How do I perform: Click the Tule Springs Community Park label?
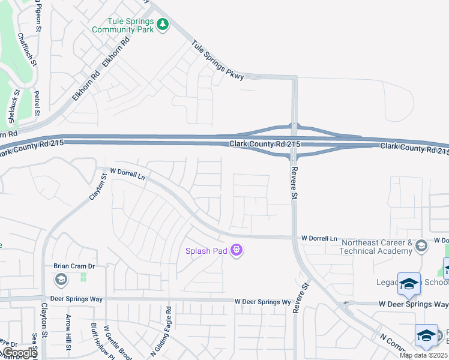point(122,24)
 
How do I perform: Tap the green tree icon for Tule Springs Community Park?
point(163,24)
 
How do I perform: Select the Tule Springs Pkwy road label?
point(218,60)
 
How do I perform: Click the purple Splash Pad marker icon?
point(237,250)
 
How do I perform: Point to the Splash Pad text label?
point(205,251)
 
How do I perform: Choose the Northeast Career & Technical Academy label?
point(376,246)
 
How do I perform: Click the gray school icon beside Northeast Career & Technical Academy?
point(421,245)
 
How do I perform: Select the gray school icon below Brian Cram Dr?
point(61,280)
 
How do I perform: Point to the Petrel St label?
point(37,103)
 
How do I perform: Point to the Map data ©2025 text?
point(423,355)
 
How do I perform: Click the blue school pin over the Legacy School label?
point(409,284)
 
